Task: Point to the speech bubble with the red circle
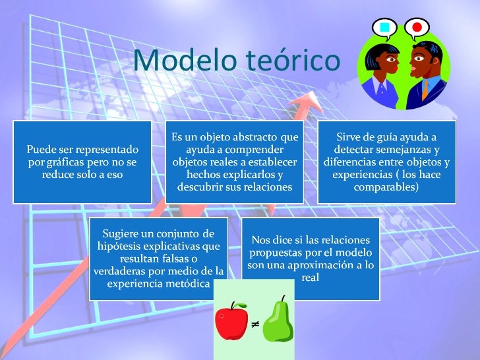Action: point(416,28)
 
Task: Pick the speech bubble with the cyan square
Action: point(384,28)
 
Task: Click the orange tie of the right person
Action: point(425,88)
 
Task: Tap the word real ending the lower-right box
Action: point(310,278)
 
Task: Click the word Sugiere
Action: point(121,233)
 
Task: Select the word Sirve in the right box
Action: point(349,137)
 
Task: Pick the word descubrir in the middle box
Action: point(200,187)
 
